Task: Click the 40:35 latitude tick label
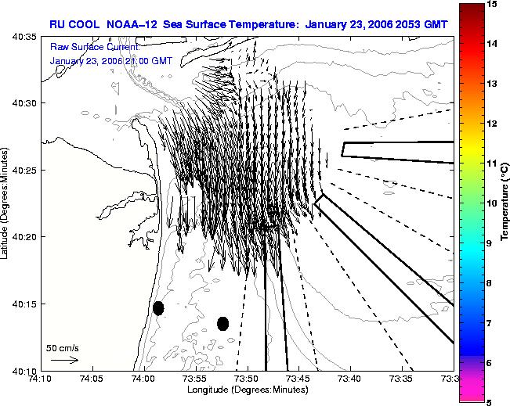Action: (24, 37)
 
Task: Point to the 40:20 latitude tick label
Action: (24, 237)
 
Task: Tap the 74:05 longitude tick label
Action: (93, 379)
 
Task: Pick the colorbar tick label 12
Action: (493, 124)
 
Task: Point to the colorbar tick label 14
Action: (493, 44)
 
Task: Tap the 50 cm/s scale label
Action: (63, 348)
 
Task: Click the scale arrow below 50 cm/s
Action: (64, 360)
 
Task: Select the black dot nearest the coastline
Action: (158, 308)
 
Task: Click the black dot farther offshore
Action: (222, 324)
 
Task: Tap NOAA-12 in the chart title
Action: (132, 25)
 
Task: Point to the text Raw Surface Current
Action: (95, 47)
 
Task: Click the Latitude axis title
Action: (4, 203)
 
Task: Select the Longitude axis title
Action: (248, 390)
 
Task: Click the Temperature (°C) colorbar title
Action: (505, 202)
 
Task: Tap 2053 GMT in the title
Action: (421, 25)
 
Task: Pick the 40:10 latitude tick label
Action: (24, 371)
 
